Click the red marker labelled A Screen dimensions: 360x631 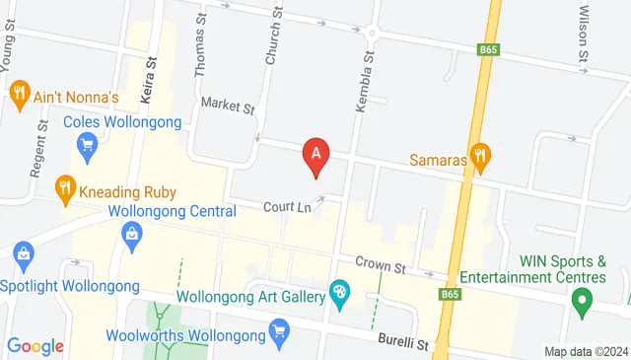(316, 155)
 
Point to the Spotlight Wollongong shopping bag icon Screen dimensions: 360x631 (24, 257)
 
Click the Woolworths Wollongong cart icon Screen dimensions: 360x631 (279, 330)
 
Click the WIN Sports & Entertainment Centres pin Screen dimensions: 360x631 (582, 298)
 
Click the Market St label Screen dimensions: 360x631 (227, 104)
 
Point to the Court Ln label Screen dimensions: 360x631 (287, 207)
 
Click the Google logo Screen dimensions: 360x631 (35, 346)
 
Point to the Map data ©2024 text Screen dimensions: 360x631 (586, 351)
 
